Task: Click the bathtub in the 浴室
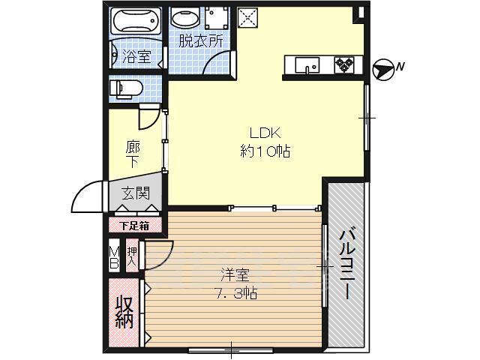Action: coord(136,21)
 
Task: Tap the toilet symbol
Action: coord(126,88)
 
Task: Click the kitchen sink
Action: coord(307,65)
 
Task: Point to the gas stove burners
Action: coord(344,64)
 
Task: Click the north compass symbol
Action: coord(382,70)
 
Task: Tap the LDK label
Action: coord(265,133)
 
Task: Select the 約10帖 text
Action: coord(265,151)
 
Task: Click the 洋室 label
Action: coord(235,275)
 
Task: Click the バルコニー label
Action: coord(346,262)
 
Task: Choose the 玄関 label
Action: coord(136,193)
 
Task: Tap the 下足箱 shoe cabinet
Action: coord(135,226)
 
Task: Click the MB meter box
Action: coord(114,255)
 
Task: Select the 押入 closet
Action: coord(132,255)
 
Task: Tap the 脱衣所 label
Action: coord(201,41)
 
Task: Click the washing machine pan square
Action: coord(217,18)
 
